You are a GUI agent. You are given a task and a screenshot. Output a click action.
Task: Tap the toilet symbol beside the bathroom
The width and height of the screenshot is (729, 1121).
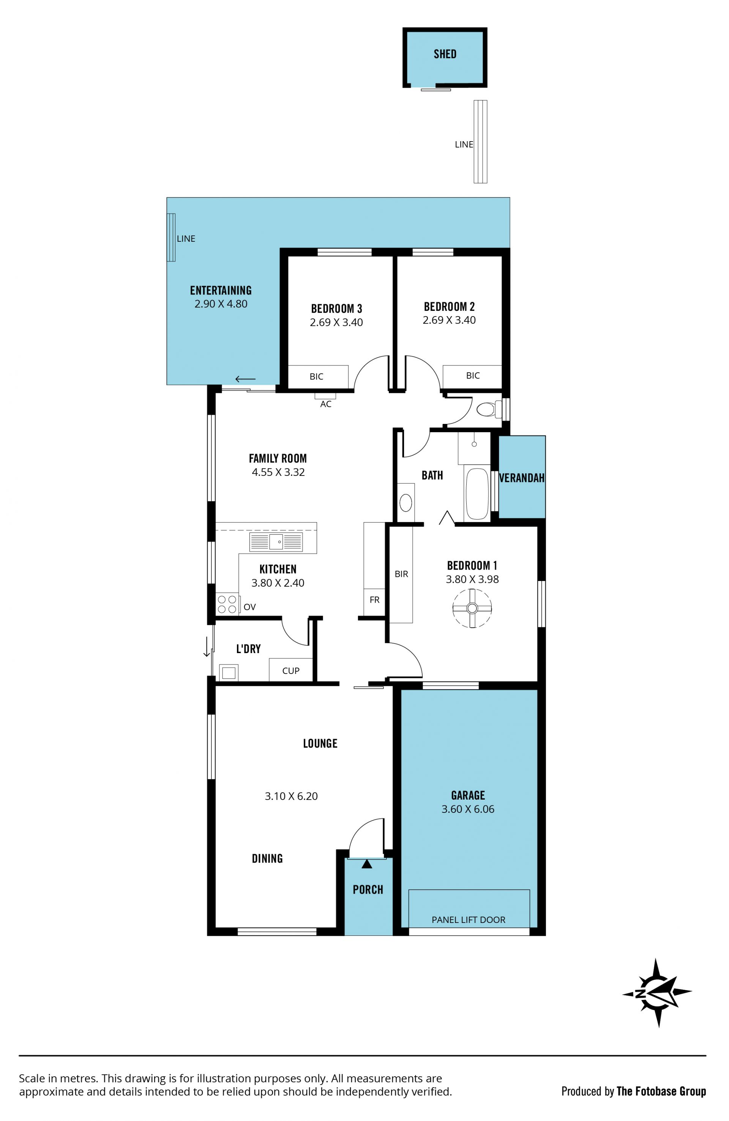(x=489, y=409)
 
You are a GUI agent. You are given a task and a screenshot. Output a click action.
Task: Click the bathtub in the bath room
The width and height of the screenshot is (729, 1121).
(x=477, y=493)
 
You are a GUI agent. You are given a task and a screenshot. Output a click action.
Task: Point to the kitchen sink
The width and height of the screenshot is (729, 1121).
(x=276, y=542)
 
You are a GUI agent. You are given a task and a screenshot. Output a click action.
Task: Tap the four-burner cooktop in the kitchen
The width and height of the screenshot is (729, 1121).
(x=227, y=604)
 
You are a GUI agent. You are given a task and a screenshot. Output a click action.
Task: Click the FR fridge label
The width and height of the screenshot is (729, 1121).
(x=375, y=600)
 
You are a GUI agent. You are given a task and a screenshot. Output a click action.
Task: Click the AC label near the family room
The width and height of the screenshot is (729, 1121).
(x=326, y=404)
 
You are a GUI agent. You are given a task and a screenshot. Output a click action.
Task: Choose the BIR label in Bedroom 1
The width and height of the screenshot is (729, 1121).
(x=401, y=574)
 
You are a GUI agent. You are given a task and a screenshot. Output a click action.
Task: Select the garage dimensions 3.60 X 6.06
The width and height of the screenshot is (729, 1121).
(x=468, y=809)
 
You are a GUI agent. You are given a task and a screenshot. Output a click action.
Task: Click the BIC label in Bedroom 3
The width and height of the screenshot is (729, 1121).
(x=317, y=376)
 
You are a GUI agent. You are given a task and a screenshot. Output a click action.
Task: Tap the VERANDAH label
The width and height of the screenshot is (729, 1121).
(x=522, y=478)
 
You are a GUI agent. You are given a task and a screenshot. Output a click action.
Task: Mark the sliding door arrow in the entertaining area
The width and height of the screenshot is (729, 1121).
(x=246, y=379)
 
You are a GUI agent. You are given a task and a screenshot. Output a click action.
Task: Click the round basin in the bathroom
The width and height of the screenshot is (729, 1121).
(x=406, y=503)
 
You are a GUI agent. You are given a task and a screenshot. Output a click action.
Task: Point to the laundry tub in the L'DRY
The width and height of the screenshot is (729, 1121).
(x=229, y=672)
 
